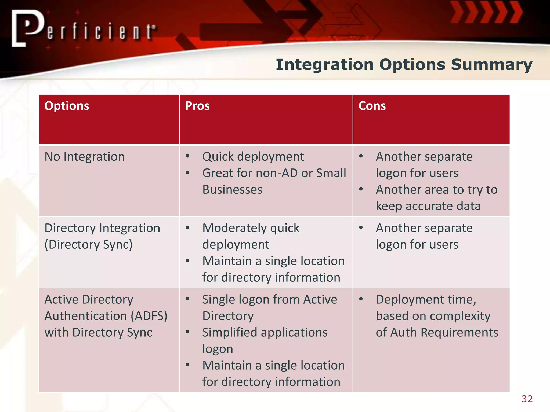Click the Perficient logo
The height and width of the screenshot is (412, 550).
pyautogui.click(x=83, y=28)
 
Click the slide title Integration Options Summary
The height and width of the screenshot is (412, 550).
pyautogui.click(x=404, y=65)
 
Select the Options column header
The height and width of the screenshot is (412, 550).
pyautogui.click(x=67, y=106)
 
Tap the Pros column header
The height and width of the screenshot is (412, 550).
pyautogui.click(x=197, y=106)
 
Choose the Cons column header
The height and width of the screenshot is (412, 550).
pyautogui.click(x=372, y=106)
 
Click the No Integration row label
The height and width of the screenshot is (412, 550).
pyautogui.click(x=84, y=157)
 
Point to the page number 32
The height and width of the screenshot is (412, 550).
pyautogui.click(x=527, y=399)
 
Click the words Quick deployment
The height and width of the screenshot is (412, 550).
pyautogui.click(x=253, y=157)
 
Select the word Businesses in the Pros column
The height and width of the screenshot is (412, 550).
pyautogui.click(x=232, y=190)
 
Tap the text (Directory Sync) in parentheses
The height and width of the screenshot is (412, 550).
pyautogui.click(x=88, y=245)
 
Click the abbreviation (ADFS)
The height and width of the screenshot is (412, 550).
pyautogui.click(x=149, y=316)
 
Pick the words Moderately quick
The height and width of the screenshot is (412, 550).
pyautogui.click(x=251, y=228)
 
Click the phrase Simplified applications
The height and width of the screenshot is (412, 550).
pyautogui.click(x=265, y=332)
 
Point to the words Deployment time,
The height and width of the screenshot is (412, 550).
pyautogui.click(x=426, y=299)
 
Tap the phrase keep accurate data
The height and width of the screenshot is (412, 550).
pyautogui.click(x=428, y=206)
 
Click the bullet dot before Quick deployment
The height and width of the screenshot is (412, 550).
pyautogui.click(x=187, y=156)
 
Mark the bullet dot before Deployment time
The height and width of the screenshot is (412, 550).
pyautogui.click(x=361, y=299)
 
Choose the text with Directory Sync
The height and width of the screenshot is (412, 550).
pyautogui.click(x=98, y=332)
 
